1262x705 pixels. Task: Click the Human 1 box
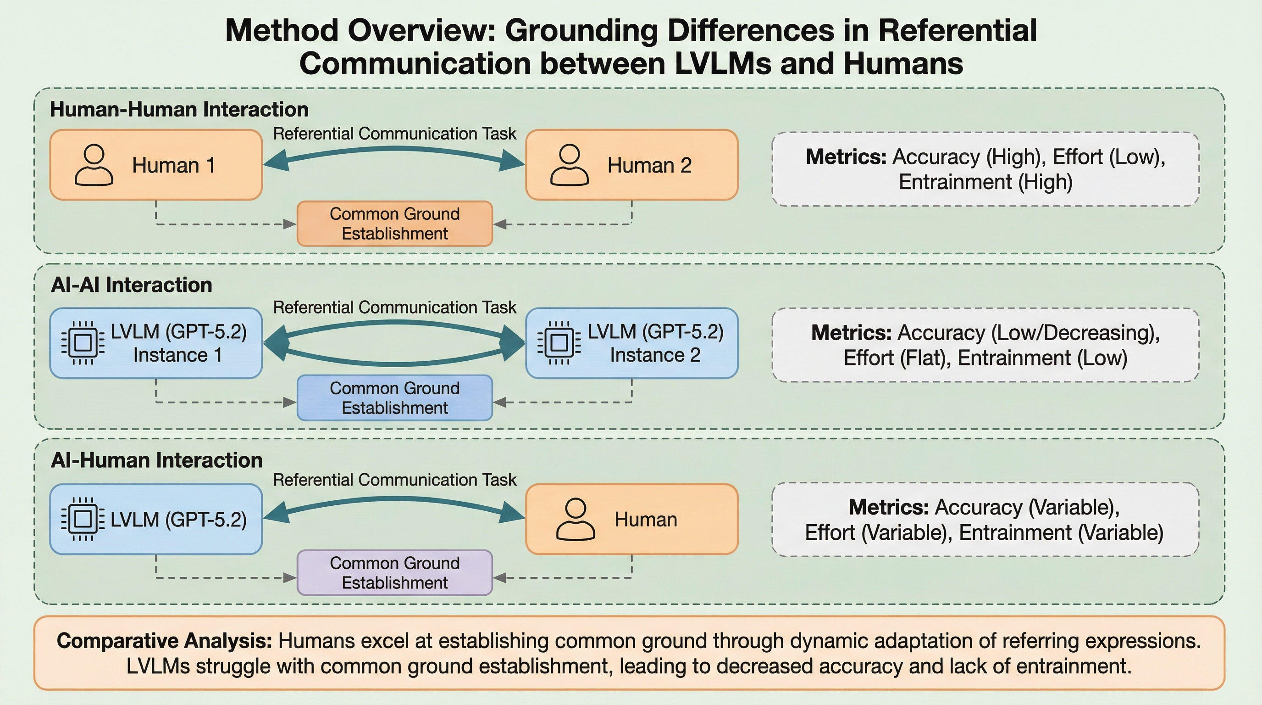click(156, 165)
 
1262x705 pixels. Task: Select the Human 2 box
click(631, 165)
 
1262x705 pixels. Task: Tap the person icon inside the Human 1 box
click(94, 165)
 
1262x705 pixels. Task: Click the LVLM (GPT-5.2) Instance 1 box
click(156, 343)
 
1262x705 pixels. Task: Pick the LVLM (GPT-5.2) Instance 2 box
click(631, 343)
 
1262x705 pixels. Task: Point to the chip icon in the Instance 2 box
click(559, 343)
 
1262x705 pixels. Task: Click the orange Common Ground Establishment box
click(394, 224)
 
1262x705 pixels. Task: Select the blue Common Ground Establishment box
click(394, 397)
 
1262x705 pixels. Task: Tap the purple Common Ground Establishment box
click(394, 573)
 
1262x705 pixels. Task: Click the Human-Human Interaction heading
click(179, 109)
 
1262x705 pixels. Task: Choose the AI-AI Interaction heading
click(131, 285)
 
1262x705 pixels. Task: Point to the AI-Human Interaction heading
click(157, 460)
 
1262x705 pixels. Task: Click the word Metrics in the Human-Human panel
click(846, 157)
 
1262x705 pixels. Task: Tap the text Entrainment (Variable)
click(1061, 532)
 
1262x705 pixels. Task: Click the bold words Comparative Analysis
click(164, 641)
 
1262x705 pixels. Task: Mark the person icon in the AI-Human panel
click(576, 519)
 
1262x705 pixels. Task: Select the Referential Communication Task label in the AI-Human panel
click(394, 480)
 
